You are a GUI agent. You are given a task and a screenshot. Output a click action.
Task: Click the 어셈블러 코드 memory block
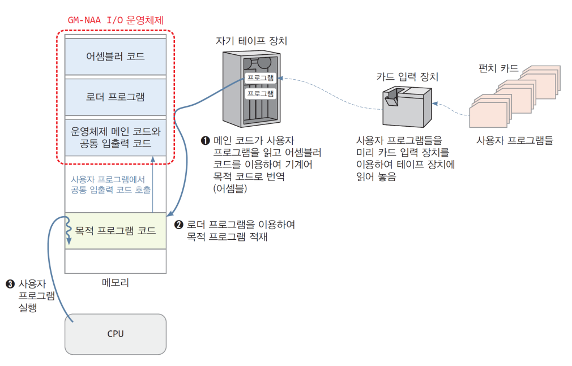coord(116,57)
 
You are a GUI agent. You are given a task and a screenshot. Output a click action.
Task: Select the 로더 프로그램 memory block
coord(116,97)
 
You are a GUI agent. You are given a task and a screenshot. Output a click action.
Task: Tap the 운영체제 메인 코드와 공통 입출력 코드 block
coord(116,137)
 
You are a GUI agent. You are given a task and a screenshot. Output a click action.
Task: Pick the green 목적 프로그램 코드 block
coord(116,231)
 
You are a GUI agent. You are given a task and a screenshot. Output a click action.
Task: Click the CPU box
coord(116,334)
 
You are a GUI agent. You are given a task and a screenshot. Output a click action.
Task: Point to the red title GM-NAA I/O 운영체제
coord(116,20)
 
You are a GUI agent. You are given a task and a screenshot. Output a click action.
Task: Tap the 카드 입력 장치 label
coord(407,77)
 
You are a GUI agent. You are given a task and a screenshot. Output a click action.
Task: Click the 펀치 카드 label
coord(498,68)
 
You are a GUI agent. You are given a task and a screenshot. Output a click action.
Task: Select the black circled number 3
coord(10,283)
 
